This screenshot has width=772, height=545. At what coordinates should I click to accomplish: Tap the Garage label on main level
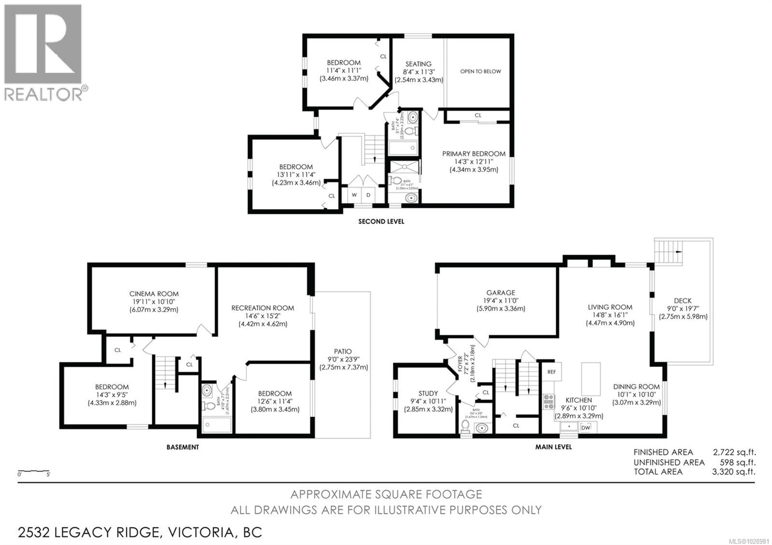pyautogui.click(x=500, y=293)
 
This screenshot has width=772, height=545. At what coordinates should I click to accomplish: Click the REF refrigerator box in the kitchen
pyautogui.click(x=551, y=372)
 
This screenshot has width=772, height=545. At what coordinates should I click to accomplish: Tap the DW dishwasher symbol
pyautogui.click(x=585, y=428)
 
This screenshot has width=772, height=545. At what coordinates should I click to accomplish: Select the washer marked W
pyautogui.click(x=354, y=195)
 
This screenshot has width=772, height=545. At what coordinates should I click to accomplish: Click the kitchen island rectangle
pyautogui.click(x=591, y=379)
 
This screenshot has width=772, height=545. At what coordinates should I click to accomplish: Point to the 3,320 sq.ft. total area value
pyautogui.click(x=734, y=472)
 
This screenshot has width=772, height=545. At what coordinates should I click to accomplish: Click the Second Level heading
pyautogui.click(x=381, y=221)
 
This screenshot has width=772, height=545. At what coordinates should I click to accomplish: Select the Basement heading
pyautogui.click(x=183, y=447)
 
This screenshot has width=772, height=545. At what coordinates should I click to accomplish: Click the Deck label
pyautogui.click(x=683, y=301)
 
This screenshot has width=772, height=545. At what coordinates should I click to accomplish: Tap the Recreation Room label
pyautogui.click(x=263, y=308)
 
